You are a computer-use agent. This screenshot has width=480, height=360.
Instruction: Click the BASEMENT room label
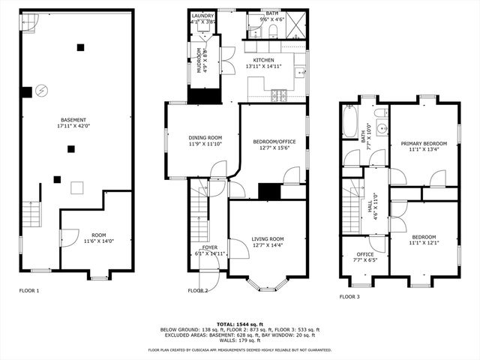pos(73,120)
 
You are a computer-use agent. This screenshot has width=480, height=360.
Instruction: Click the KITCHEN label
pos(263,60)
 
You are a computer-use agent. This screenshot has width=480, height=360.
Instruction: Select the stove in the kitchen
pos(280,94)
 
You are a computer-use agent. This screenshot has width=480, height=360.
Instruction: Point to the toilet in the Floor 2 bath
pos(272,30)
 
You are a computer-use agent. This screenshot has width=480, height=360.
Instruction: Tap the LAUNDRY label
pos(202,16)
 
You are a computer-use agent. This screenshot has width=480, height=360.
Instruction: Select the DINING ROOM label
pos(205,137)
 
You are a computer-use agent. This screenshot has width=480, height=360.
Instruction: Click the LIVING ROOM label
pos(267,239)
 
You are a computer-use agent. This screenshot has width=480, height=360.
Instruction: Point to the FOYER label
pos(209,247)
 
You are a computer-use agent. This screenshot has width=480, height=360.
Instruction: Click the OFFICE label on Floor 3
pos(364,254)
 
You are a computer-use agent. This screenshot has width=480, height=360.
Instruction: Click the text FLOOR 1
pos(28,290)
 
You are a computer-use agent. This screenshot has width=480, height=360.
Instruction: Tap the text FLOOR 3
pos(349,297)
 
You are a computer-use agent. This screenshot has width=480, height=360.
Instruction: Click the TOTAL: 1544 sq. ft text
pos(240,322)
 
